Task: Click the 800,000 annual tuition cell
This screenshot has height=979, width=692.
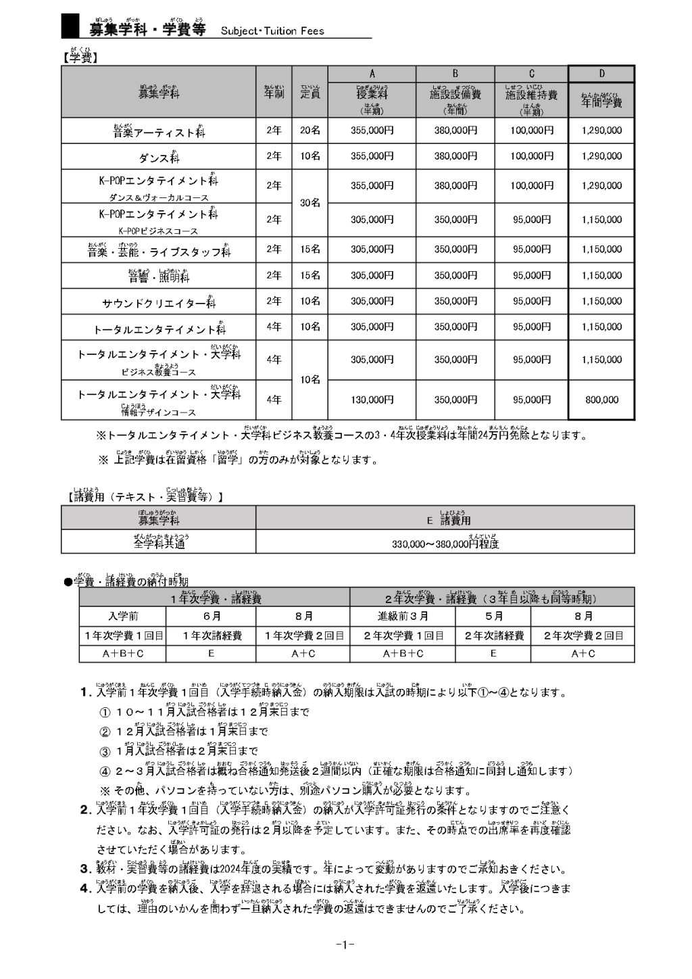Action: point(601,400)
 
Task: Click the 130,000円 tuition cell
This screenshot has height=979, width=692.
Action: point(372,400)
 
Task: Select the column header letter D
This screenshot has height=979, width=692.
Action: point(601,74)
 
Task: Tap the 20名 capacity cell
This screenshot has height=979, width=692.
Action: point(310,130)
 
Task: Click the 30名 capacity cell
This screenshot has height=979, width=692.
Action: point(310,202)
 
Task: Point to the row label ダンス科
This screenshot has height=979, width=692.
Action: point(159,158)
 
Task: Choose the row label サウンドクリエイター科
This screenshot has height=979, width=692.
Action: point(159,303)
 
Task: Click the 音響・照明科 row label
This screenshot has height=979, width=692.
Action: point(159,277)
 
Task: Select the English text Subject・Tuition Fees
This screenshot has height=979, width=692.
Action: point(272,30)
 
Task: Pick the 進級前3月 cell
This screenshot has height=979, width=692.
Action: point(403,616)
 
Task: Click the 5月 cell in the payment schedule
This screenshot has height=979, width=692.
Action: point(493,616)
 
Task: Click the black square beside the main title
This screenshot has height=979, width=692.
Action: point(70,26)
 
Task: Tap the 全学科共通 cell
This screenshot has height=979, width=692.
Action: point(159,542)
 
